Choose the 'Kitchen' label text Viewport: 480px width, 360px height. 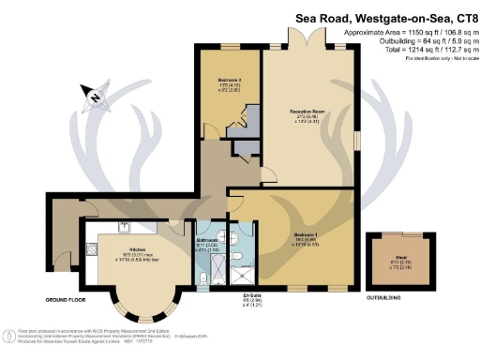(135, 249)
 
